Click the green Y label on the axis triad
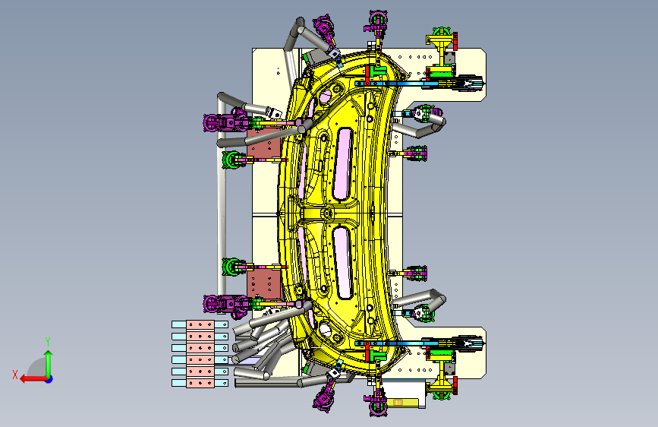coord(48,342)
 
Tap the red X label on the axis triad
coord(15,375)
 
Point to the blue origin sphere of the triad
coord(49,379)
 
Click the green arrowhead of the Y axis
coord(49,355)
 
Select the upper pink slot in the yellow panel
coord(342,164)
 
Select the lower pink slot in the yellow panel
coord(343,263)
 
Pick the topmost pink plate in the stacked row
coord(200,324)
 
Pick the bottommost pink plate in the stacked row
coord(200,383)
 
